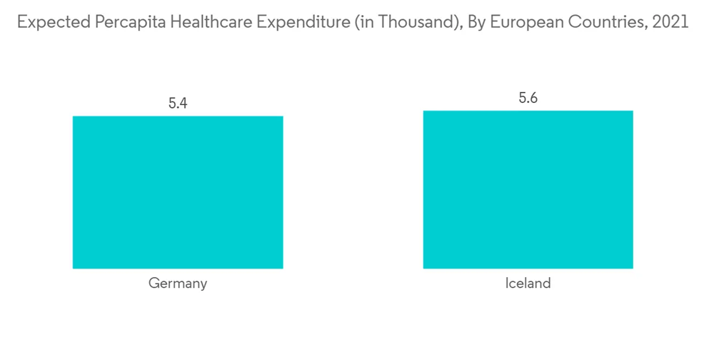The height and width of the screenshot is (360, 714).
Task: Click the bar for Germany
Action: pyautogui.click(x=178, y=192)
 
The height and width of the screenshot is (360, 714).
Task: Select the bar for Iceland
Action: pyautogui.click(x=528, y=189)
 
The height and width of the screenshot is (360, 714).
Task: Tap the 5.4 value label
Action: pyautogui.click(x=178, y=103)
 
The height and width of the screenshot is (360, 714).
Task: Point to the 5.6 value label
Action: pyautogui.click(x=528, y=98)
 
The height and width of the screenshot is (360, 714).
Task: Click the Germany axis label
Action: pyautogui.click(x=178, y=284)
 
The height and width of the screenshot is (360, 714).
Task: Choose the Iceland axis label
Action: pyautogui.click(x=528, y=284)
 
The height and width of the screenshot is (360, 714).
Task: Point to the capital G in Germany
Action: pyautogui.click(x=154, y=284)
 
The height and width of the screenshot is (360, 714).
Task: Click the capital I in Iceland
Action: pyautogui.click(x=507, y=284)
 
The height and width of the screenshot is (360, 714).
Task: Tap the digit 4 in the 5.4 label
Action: pyautogui.click(x=183, y=103)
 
